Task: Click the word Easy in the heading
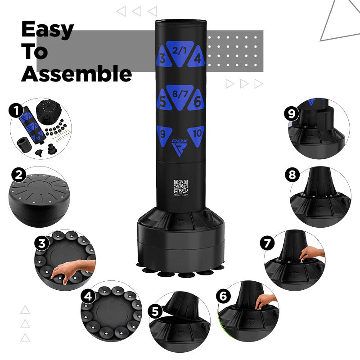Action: [x=47, y=30]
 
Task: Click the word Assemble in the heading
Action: [x=76, y=74]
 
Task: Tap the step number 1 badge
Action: [x=17, y=110]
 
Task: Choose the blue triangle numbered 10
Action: [x=196, y=135]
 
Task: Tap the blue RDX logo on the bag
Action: [x=180, y=145]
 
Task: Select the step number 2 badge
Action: [x=18, y=175]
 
